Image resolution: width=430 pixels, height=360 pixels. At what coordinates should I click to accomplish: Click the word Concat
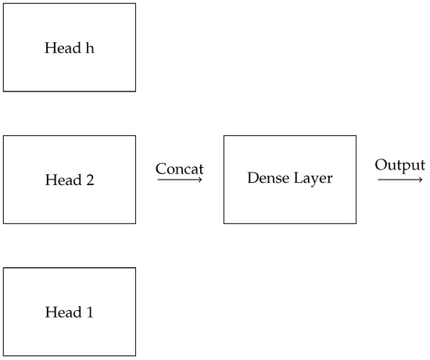[x=180, y=168]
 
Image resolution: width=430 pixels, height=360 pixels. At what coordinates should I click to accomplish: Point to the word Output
[x=400, y=165]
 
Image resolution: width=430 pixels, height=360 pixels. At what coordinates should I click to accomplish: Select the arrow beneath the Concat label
[x=180, y=180]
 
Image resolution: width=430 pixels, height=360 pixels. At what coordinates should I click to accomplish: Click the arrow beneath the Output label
[x=400, y=180]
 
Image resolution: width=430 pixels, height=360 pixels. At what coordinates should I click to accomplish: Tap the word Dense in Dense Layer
[x=266, y=179]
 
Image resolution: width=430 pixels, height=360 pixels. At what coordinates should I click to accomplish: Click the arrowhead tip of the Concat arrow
[x=202, y=180]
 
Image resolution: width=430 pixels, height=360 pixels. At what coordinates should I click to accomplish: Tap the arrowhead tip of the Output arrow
[x=423, y=180]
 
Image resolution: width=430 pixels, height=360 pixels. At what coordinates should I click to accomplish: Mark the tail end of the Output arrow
[x=378, y=180]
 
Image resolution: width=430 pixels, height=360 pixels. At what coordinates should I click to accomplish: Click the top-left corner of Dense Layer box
[x=224, y=136]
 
